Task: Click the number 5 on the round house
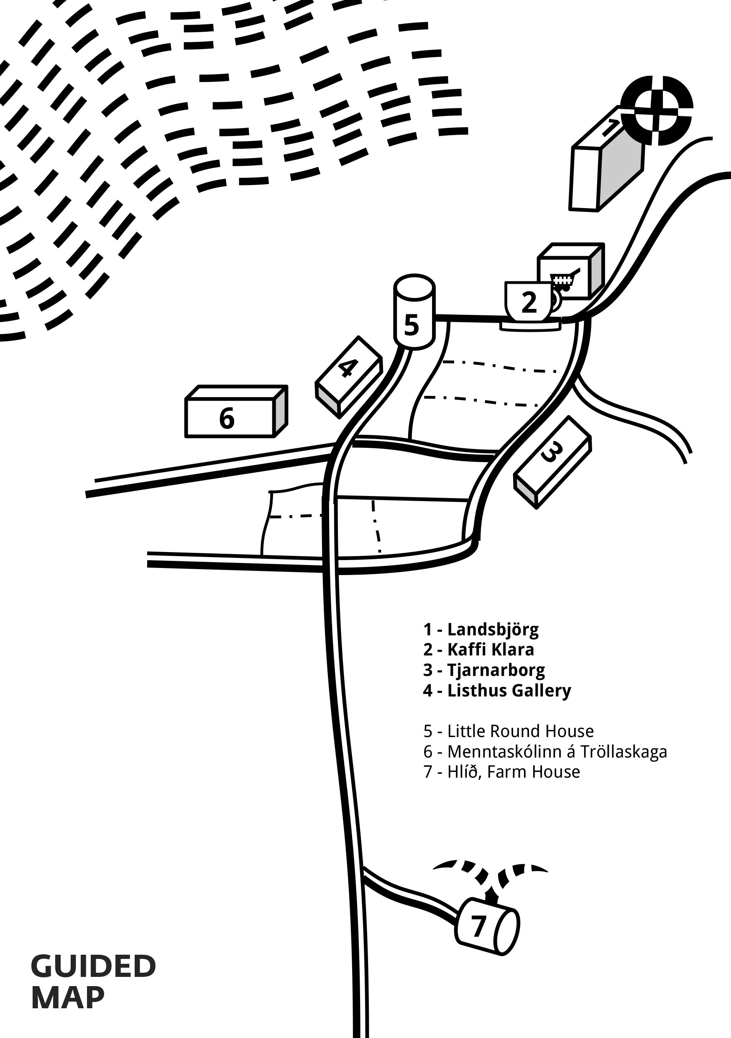411,325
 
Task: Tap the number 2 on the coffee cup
529,302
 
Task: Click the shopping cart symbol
564,280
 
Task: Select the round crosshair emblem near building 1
656,111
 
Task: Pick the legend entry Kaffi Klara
490,650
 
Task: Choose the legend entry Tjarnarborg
496,670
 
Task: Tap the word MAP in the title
68,998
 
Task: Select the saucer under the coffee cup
530,326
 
